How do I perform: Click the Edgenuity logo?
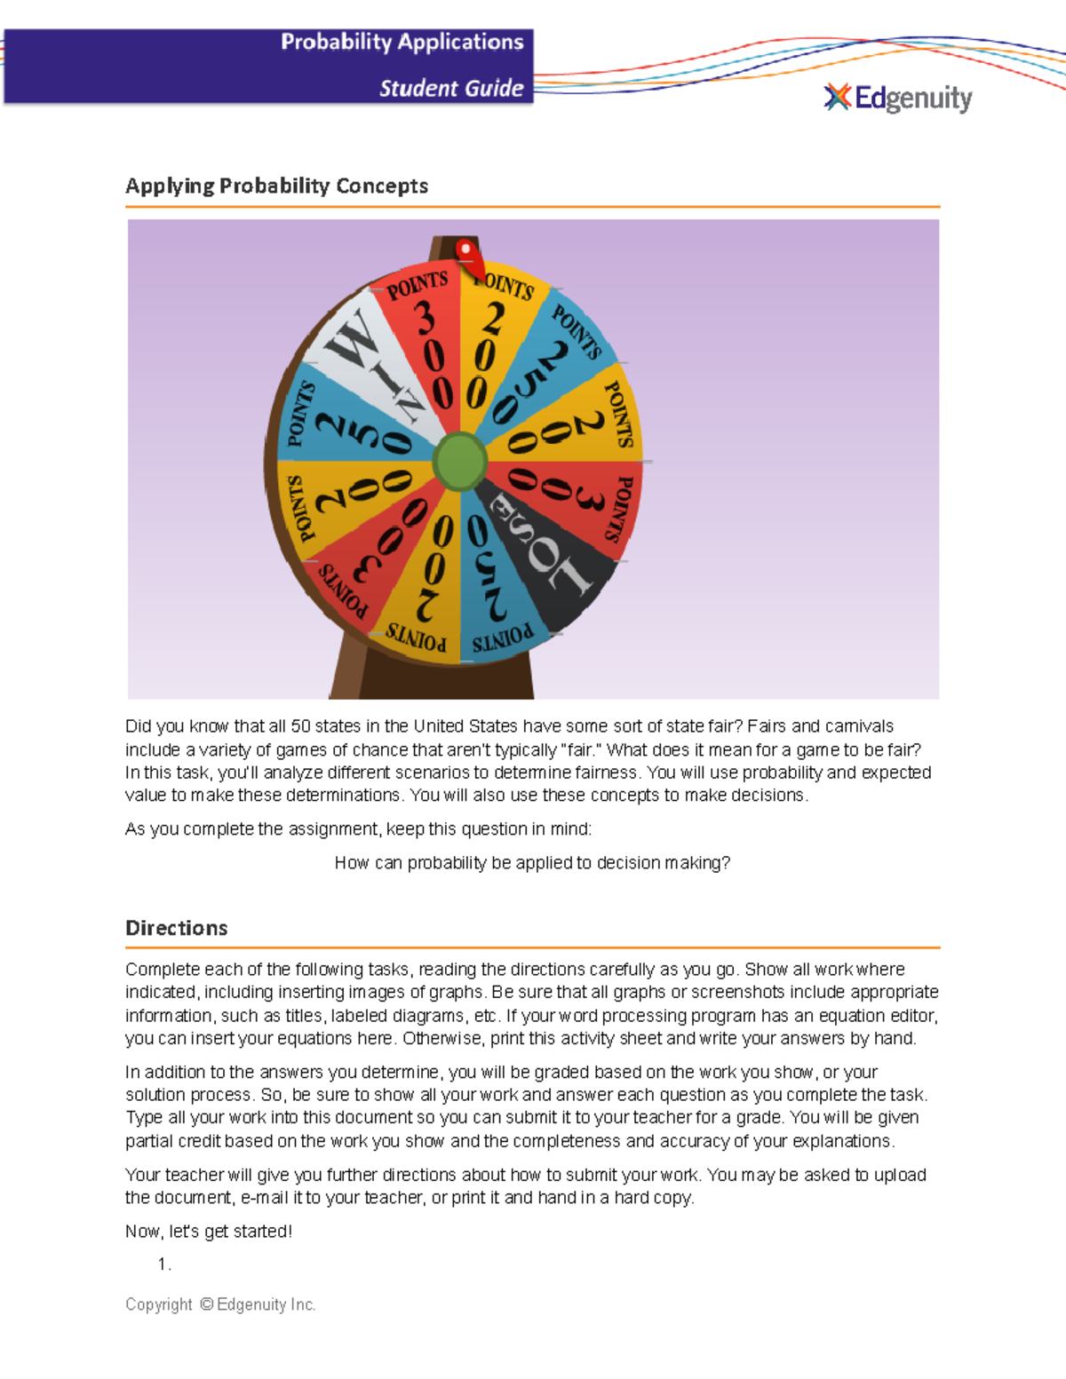coord(898,98)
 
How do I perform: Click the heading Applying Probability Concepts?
coord(276,186)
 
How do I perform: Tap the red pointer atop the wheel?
coord(467,256)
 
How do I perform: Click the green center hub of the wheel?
coord(460,461)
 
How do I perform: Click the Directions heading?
coord(176,928)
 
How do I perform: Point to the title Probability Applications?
coord(402,42)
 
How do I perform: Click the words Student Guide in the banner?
coord(450,88)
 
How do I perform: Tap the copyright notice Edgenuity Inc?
coord(220,1304)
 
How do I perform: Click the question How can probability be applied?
coord(532,863)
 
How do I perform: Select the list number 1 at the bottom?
coord(163,1264)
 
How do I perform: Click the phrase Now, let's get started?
coord(209,1232)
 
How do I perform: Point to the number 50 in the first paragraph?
coord(300,726)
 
